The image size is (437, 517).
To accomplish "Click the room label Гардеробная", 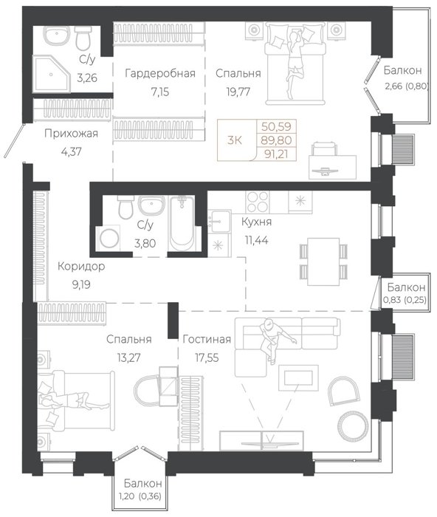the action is (x=160, y=73).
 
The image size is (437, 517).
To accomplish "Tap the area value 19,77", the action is (x=238, y=92).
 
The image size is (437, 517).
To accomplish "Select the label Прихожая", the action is (x=71, y=134).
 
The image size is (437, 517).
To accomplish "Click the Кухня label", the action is (x=256, y=222).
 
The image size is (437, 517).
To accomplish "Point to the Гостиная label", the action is (x=207, y=339).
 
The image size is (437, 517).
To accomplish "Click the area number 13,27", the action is (x=128, y=357).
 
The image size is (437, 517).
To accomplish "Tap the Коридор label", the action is (x=81, y=267).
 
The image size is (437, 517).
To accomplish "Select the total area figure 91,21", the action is (x=276, y=154).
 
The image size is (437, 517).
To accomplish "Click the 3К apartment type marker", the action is (x=235, y=140).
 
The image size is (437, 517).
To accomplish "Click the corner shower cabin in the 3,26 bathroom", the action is (x=52, y=73).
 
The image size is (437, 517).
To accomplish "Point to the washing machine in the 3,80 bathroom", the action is (x=109, y=238).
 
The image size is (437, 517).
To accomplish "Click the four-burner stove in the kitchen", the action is (x=258, y=202).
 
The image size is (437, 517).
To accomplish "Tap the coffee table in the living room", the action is (x=298, y=377).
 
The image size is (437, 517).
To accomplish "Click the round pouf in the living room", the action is (x=353, y=426).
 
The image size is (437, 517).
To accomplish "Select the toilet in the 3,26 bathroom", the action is (x=83, y=38).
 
